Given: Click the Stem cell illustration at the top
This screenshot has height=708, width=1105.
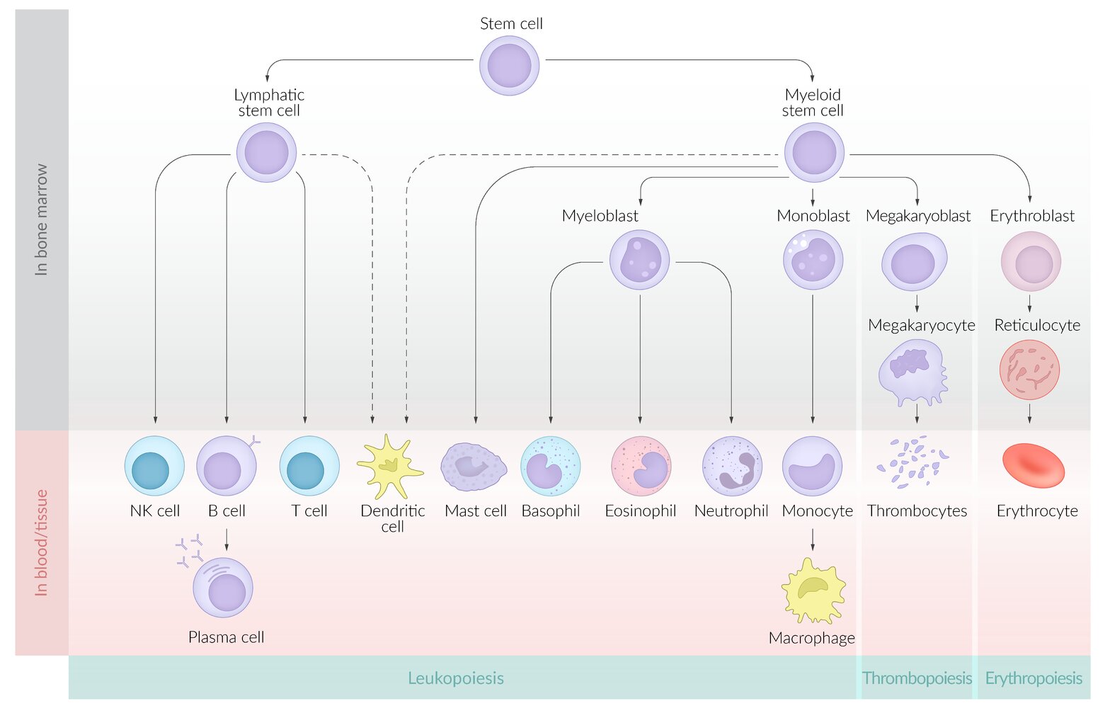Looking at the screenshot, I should [509, 66].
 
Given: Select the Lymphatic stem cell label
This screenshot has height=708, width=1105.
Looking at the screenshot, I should [269, 103].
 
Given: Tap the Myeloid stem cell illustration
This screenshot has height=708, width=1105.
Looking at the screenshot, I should [814, 152].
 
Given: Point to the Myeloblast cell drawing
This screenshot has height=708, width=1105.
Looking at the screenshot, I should [639, 260].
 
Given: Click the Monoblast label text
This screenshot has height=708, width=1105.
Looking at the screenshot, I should [813, 216].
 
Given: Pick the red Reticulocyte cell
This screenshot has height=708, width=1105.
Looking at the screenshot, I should [1029, 370].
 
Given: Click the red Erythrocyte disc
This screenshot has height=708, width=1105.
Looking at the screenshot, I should [1034, 465].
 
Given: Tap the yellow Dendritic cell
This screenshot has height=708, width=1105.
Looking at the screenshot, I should [389, 466].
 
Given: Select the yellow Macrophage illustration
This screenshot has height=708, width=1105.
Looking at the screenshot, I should [813, 590].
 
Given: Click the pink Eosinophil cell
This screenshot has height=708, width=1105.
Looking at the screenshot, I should [641, 466].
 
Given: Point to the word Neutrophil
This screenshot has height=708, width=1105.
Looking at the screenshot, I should [731, 511].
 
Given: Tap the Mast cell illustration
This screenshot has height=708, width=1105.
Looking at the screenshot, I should [474, 467].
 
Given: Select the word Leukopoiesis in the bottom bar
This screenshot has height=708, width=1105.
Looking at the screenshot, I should [456, 678].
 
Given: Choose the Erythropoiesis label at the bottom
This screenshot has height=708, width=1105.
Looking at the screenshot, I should [1034, 678].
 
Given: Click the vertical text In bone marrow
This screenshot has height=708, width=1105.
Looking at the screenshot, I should [42, 219].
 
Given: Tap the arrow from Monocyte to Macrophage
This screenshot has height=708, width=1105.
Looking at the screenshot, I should [813, 539].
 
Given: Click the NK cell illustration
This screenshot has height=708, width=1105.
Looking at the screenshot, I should [154, 466].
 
